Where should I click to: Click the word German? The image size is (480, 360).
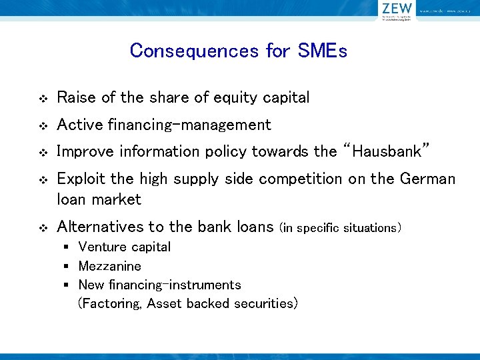coord(428,179)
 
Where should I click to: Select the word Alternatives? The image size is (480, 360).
coord(99,227)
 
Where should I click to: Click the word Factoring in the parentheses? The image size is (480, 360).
coord(110,304)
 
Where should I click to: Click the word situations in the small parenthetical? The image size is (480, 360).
coord(370,228)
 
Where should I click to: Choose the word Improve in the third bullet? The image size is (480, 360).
coord(86,151)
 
